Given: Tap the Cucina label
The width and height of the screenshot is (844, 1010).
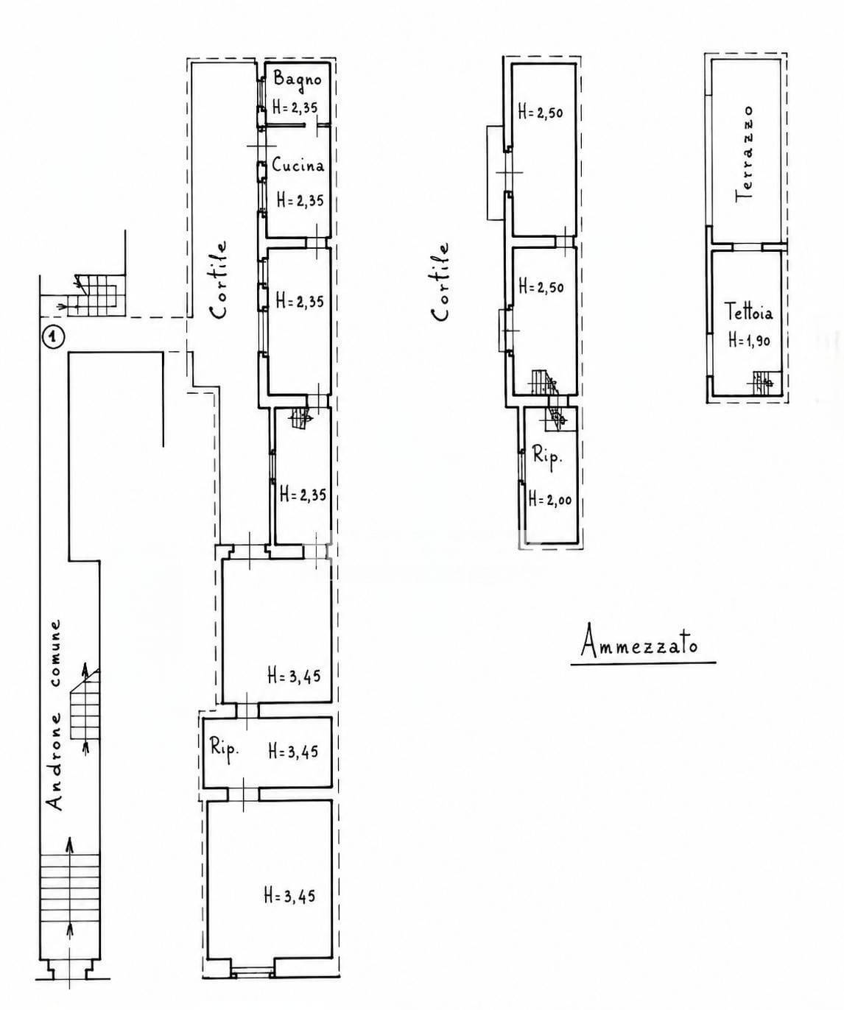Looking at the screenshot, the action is [x=298, y=165].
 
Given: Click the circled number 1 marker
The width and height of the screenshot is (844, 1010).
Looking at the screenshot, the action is [x=53, y=336].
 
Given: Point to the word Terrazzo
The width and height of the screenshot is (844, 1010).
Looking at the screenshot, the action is [x=745, y=154].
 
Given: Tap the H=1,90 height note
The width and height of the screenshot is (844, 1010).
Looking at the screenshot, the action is [x=749, y=341].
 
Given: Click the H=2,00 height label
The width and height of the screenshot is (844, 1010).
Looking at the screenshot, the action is [x=550, y=498].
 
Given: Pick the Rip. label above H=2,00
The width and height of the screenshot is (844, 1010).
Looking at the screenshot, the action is [x=547, y=455].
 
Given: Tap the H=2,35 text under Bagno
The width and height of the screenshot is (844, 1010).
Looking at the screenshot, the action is [x=295, y=107].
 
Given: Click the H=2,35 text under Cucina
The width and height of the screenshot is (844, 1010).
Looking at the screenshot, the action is [x=300, y=199].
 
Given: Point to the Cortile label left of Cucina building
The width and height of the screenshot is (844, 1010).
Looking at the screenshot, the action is [x=219, y=280].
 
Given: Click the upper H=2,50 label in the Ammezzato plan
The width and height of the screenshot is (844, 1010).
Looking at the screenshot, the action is [x=541, y=113].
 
